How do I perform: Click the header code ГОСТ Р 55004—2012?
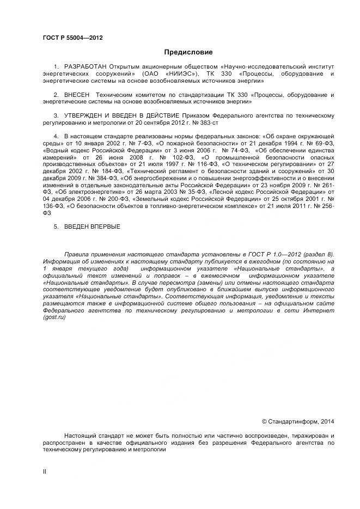72,38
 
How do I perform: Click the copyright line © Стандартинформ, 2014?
298,421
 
